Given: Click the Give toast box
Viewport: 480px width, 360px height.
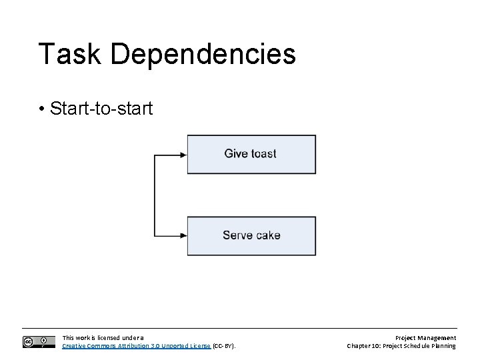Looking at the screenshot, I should tap(251, 154).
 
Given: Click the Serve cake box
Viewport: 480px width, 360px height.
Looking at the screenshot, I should tap(251, 235).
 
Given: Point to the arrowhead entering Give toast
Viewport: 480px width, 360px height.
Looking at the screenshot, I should tap(183, 154).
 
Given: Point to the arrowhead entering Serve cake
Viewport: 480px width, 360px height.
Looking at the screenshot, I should tap(183, 235).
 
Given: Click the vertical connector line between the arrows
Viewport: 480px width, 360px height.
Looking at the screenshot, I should tap(155, 195).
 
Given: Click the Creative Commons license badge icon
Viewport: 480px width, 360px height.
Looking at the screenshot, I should tap(39, 342).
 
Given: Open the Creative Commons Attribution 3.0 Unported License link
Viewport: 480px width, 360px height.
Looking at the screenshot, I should tap(136, 346).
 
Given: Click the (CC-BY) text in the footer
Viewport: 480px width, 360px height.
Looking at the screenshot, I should tap(225, 346).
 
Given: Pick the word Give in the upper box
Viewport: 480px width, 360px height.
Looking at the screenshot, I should tap(236, 154).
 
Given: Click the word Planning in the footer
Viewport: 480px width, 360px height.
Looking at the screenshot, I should tap(443, 346).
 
